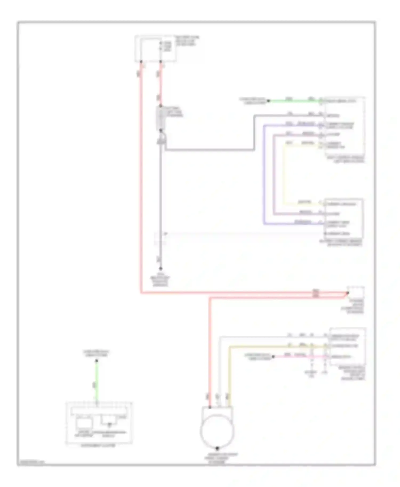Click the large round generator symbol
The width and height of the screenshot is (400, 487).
pos(217,431)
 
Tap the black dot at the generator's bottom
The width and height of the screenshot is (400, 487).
pos(217,448)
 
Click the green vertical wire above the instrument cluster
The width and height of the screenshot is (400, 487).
pos(97,381)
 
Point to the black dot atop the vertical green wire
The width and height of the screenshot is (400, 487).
pos(97,361)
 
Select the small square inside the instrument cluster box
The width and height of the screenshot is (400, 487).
pos(84,423)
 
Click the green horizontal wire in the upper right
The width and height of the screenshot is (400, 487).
pos(293,101)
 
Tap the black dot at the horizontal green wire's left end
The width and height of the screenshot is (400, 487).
pos(269,101)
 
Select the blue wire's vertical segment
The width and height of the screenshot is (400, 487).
pos(264,173)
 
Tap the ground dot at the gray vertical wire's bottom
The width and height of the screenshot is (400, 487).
pos(161,269)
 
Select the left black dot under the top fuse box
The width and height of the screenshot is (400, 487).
pos(141,62)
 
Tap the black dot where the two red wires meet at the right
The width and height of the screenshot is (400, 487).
pos(347,293)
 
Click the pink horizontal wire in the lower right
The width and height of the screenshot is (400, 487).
pos(299,356)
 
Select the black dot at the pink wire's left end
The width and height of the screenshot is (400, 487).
pos(273,356)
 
